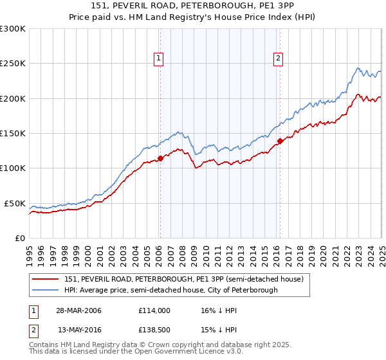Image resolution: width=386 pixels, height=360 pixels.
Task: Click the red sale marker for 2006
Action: click(160, 158)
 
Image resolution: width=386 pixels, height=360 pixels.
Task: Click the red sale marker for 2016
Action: click(280, 141)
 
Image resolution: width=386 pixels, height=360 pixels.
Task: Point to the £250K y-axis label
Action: click(13, 64)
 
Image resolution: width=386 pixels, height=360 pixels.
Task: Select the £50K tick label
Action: click(15, 203)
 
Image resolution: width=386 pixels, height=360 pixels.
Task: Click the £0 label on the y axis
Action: click(21, 238)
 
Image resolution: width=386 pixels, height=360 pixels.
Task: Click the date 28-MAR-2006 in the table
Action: click(78, 310)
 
